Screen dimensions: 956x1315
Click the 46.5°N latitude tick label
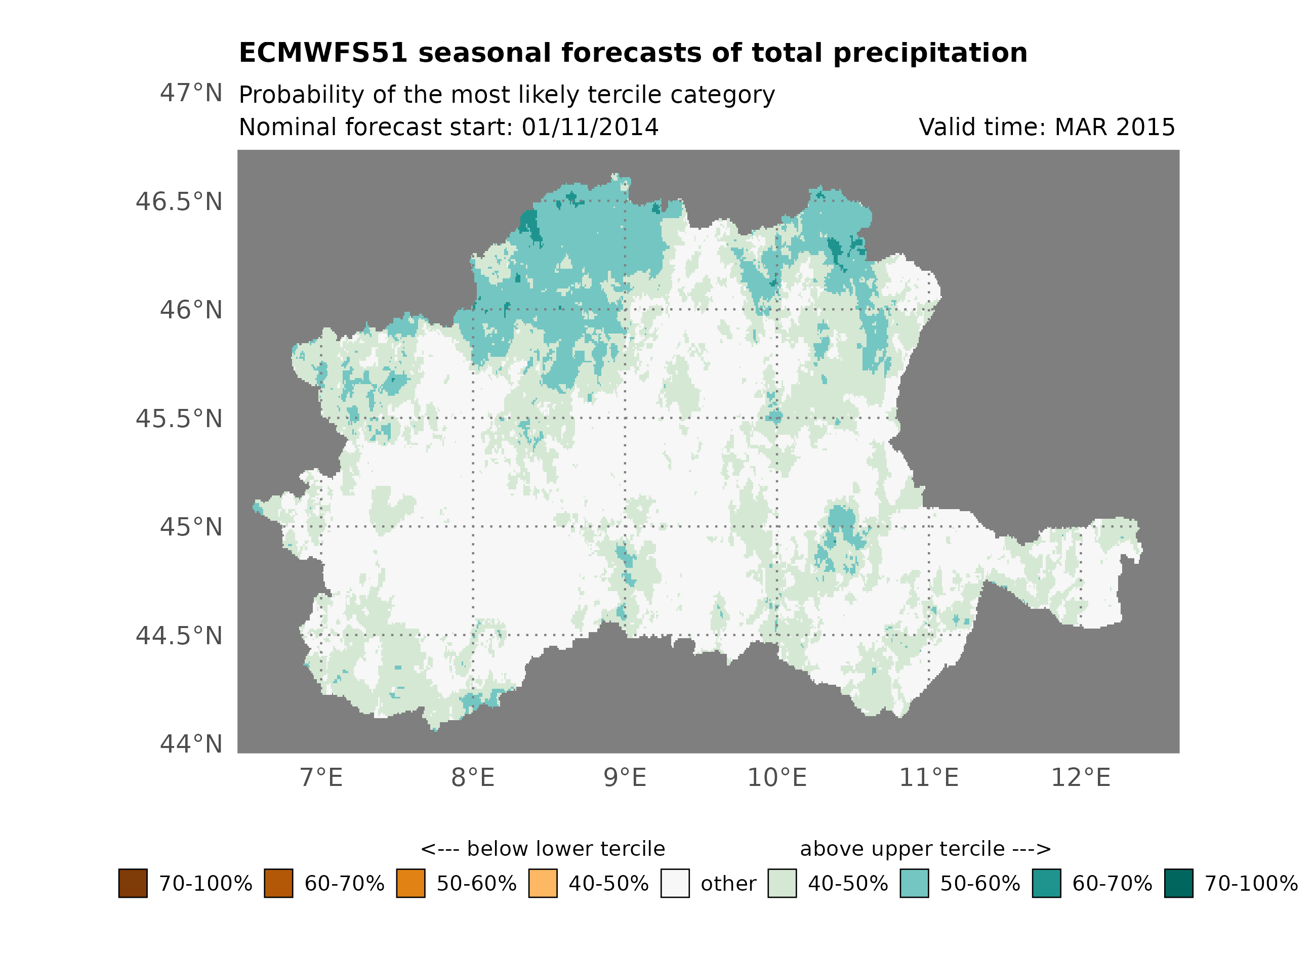179,202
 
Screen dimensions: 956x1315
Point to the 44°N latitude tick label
191,744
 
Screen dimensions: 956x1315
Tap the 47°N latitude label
191,93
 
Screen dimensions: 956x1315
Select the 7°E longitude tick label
321,777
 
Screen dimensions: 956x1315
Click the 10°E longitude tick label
777,777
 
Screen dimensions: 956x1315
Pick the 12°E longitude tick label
1081,777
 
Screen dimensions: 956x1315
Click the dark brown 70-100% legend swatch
133,884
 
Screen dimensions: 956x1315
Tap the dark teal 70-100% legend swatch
1179,884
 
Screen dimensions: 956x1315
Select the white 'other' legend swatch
675,884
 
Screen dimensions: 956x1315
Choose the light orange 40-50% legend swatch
543,884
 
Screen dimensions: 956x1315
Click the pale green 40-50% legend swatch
782,884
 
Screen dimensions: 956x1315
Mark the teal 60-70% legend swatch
1047,884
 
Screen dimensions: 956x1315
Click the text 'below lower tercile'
565,849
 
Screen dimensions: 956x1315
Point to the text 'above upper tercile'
902,849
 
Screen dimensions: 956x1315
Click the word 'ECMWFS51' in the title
323,53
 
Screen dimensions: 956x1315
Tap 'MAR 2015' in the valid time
1115,128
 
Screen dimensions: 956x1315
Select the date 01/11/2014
590,128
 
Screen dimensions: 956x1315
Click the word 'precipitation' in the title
930,53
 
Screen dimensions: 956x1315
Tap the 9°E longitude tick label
625,777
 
